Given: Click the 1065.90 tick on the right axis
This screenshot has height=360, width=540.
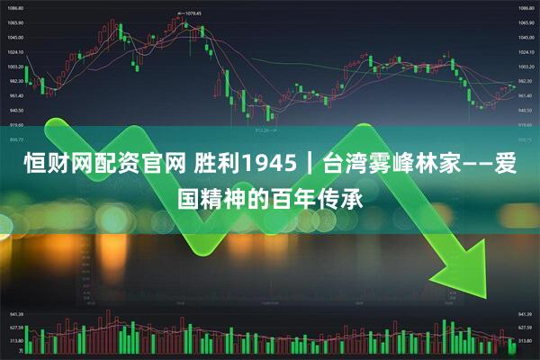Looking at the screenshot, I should tap(526, 23).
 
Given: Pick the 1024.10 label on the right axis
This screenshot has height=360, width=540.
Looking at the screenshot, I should tap(526, 52).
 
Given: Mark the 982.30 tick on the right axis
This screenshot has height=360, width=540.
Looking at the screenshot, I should tap(526, 81).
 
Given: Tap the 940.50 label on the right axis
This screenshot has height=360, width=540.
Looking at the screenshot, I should tap(526, 110).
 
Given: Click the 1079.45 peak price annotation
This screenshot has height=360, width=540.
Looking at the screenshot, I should tap(189, 13).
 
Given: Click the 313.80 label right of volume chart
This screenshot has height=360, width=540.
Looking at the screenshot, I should tap(526, 342).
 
